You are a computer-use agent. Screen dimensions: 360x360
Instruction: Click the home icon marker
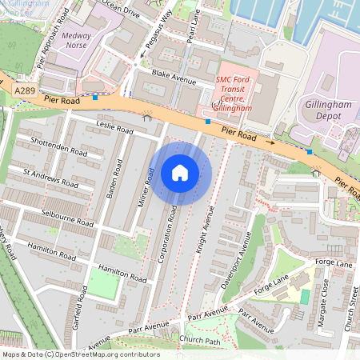180,173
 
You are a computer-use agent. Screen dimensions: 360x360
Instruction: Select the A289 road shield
24,93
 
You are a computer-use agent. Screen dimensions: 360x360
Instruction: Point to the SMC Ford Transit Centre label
234,94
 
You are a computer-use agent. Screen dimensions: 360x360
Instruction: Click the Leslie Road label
114,127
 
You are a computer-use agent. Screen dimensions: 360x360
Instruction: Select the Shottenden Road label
59,150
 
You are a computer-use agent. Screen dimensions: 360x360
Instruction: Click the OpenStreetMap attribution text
80,354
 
